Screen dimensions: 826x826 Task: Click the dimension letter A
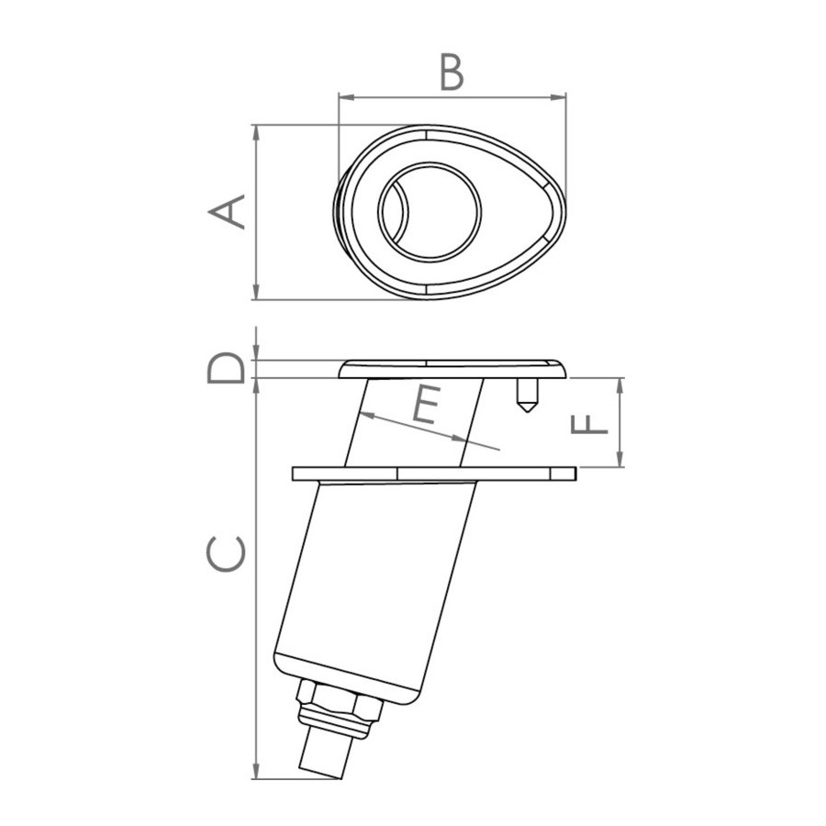[227, 212]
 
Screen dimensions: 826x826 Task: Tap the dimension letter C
[227, 553]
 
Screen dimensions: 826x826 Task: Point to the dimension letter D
[227, 368]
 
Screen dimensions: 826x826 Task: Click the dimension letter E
[426, 405]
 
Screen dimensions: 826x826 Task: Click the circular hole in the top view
[430, 212]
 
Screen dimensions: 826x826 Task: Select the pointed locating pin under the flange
[528, 395]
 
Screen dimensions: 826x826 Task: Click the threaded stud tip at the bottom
[325, 759]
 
